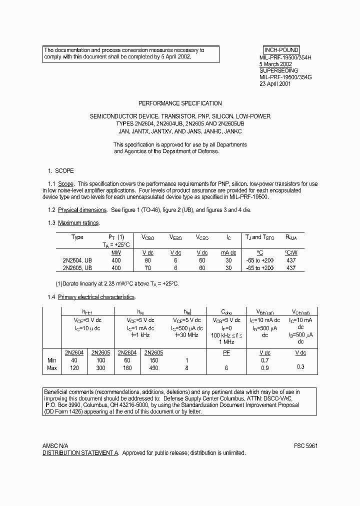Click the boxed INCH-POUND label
pos(281,50)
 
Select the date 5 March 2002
pos(275,64)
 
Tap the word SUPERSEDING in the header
pos(277,71)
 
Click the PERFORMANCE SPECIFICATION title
pos(180,103)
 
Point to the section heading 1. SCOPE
pos(60,170)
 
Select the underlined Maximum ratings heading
pos(79,222)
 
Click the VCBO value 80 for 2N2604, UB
pos(148,260)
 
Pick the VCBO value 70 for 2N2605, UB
pos(148,268)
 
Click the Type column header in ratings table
pos(77,237)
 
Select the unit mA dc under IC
pos(228,253)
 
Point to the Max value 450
pos(153,368)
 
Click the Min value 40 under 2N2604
pos(74,360)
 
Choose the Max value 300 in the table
pos(101,368)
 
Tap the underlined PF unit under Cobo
pos(226,352)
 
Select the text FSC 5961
pos(306,445)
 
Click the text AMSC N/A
pos(55,445)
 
